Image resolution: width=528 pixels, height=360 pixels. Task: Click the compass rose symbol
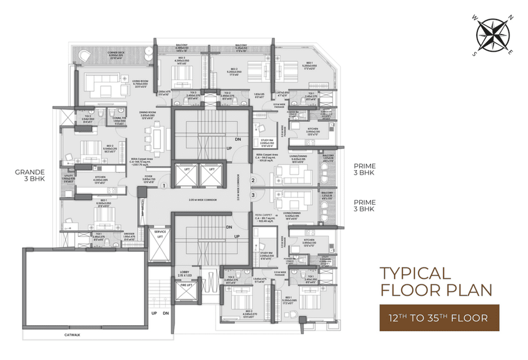tap(493, 37)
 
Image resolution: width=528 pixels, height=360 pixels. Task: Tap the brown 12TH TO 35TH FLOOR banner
tap(440, 317)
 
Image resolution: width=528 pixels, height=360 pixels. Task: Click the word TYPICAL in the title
tap(415, 273)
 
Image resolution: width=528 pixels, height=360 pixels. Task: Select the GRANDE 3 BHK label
tap(29, 175)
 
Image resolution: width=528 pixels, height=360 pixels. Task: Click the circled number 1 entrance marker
tap(163, 186)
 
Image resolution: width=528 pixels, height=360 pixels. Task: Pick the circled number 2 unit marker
tap(253, 180)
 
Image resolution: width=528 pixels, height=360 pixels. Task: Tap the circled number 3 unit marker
tap(253, 194)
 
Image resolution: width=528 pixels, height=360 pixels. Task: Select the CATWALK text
tap(71, 334)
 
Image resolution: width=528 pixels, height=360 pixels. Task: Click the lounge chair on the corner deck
tap(84, 56)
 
